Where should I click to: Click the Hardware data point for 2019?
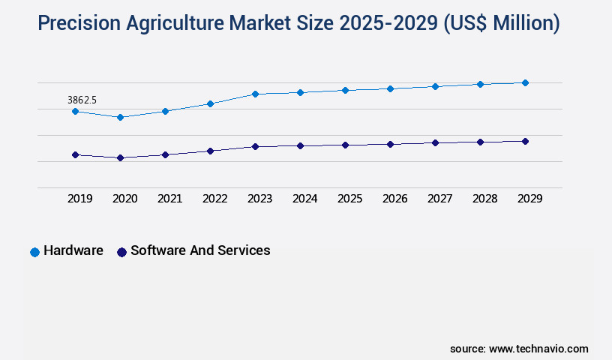point(75,111)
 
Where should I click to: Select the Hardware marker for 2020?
point(120,117)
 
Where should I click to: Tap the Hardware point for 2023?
point(255,94)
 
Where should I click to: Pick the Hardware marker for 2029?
point(525,82)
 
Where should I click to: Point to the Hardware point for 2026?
point(390,88)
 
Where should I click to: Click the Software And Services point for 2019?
point(75,154)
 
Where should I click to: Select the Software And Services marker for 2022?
point(210,151)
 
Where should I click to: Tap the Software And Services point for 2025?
point(345,145)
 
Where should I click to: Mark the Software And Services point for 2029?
point(525,141)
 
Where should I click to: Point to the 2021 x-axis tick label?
point(169,199)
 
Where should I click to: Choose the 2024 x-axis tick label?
point(304,199)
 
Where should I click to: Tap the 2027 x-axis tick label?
point(439,199)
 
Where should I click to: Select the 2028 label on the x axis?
point(484,199)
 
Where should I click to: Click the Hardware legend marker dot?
point(34,252)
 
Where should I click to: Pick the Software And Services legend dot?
point(121,252)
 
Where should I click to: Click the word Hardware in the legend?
point(73,251)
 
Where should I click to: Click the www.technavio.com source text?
point(538,349)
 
